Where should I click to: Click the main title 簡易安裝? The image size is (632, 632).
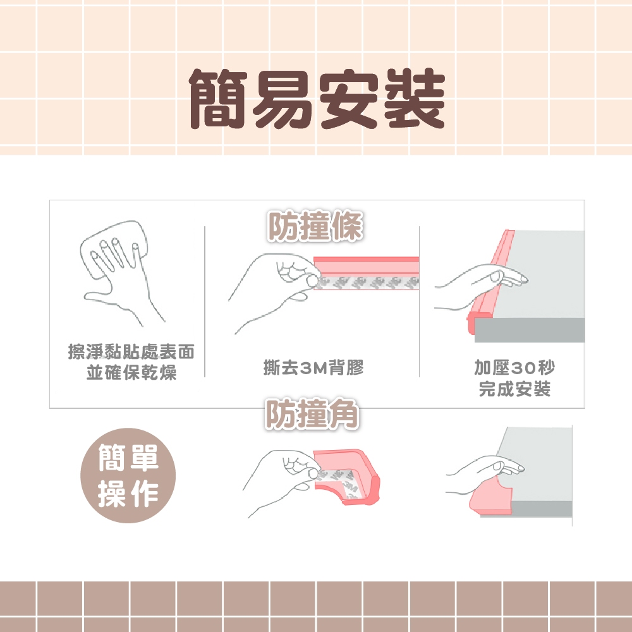(317, 99)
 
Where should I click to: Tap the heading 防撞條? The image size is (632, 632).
(315, 226)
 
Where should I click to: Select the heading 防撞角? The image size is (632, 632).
(312, 414)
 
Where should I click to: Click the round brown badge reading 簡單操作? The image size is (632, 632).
(128, 475)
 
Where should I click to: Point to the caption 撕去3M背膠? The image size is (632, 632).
(313, 367)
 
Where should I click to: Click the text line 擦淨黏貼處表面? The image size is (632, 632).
(131, 351)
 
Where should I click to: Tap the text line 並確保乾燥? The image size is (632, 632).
(131, 372)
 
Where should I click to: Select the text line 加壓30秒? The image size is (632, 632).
(514, 367)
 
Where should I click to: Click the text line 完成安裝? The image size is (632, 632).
(514, 389)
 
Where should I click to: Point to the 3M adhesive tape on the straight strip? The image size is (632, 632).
(367, 283)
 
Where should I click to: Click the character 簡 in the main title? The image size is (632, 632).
(218, 99)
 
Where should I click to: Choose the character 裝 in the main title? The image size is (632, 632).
(415, 99)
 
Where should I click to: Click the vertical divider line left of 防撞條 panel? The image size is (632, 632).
(205, 301)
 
